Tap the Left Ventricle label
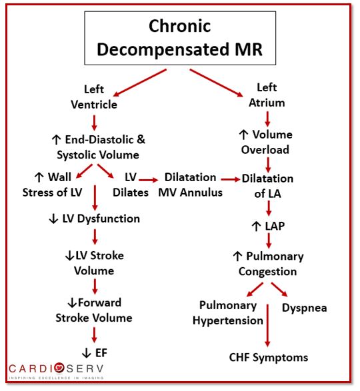click(x=94, y=97)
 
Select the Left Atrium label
click(x=267, y=95)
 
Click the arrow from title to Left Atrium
click(x=216, y=83)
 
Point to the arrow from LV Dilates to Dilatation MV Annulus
click(x=148, y=180)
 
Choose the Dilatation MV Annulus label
click(x=190, y=185)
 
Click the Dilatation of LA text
click(x=267, y=186)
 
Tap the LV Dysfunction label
click(x=95, y=218)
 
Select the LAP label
click(x=268, y=226)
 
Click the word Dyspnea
click(x=304, y=308)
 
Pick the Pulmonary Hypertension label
click(x=228, y=313)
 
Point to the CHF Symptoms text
click(x=269, y=358)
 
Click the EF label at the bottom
click(x=95, y=353)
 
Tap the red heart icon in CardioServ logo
click(x=59, y=368)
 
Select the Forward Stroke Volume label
click(x=94, y=310)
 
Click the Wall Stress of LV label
click(x=53, y=185)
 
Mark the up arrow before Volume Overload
click(x=243, y=135)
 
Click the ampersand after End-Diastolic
click(x=141, y=139)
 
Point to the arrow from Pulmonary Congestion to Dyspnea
click(x=279, y=290)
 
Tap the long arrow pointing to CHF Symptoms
click(x=267, y=325)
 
